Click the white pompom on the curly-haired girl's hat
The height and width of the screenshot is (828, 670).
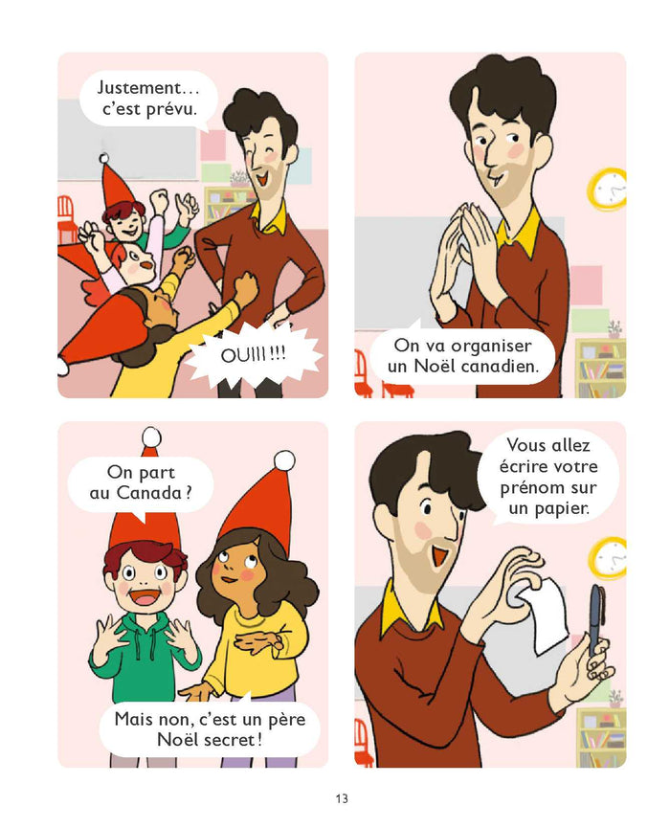pos(284,460)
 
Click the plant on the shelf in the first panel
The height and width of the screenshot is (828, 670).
pos(238,179)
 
